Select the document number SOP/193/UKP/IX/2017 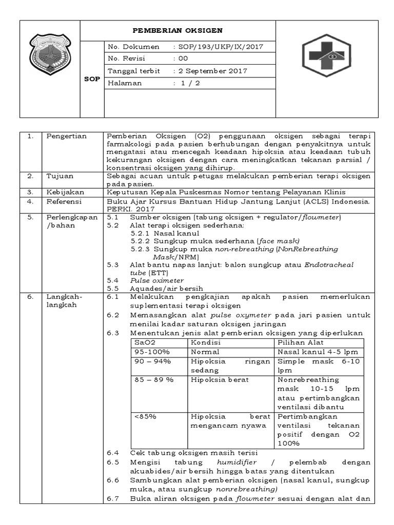[221, 47]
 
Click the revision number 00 [183, 59]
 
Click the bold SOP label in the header [92, 79]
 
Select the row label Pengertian [67, 136]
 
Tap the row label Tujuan [60, 176]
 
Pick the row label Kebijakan [64, 192]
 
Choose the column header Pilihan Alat [300, 342]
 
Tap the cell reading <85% [146, 416]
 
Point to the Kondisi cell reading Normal [205, 352]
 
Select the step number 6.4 [113, 453]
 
